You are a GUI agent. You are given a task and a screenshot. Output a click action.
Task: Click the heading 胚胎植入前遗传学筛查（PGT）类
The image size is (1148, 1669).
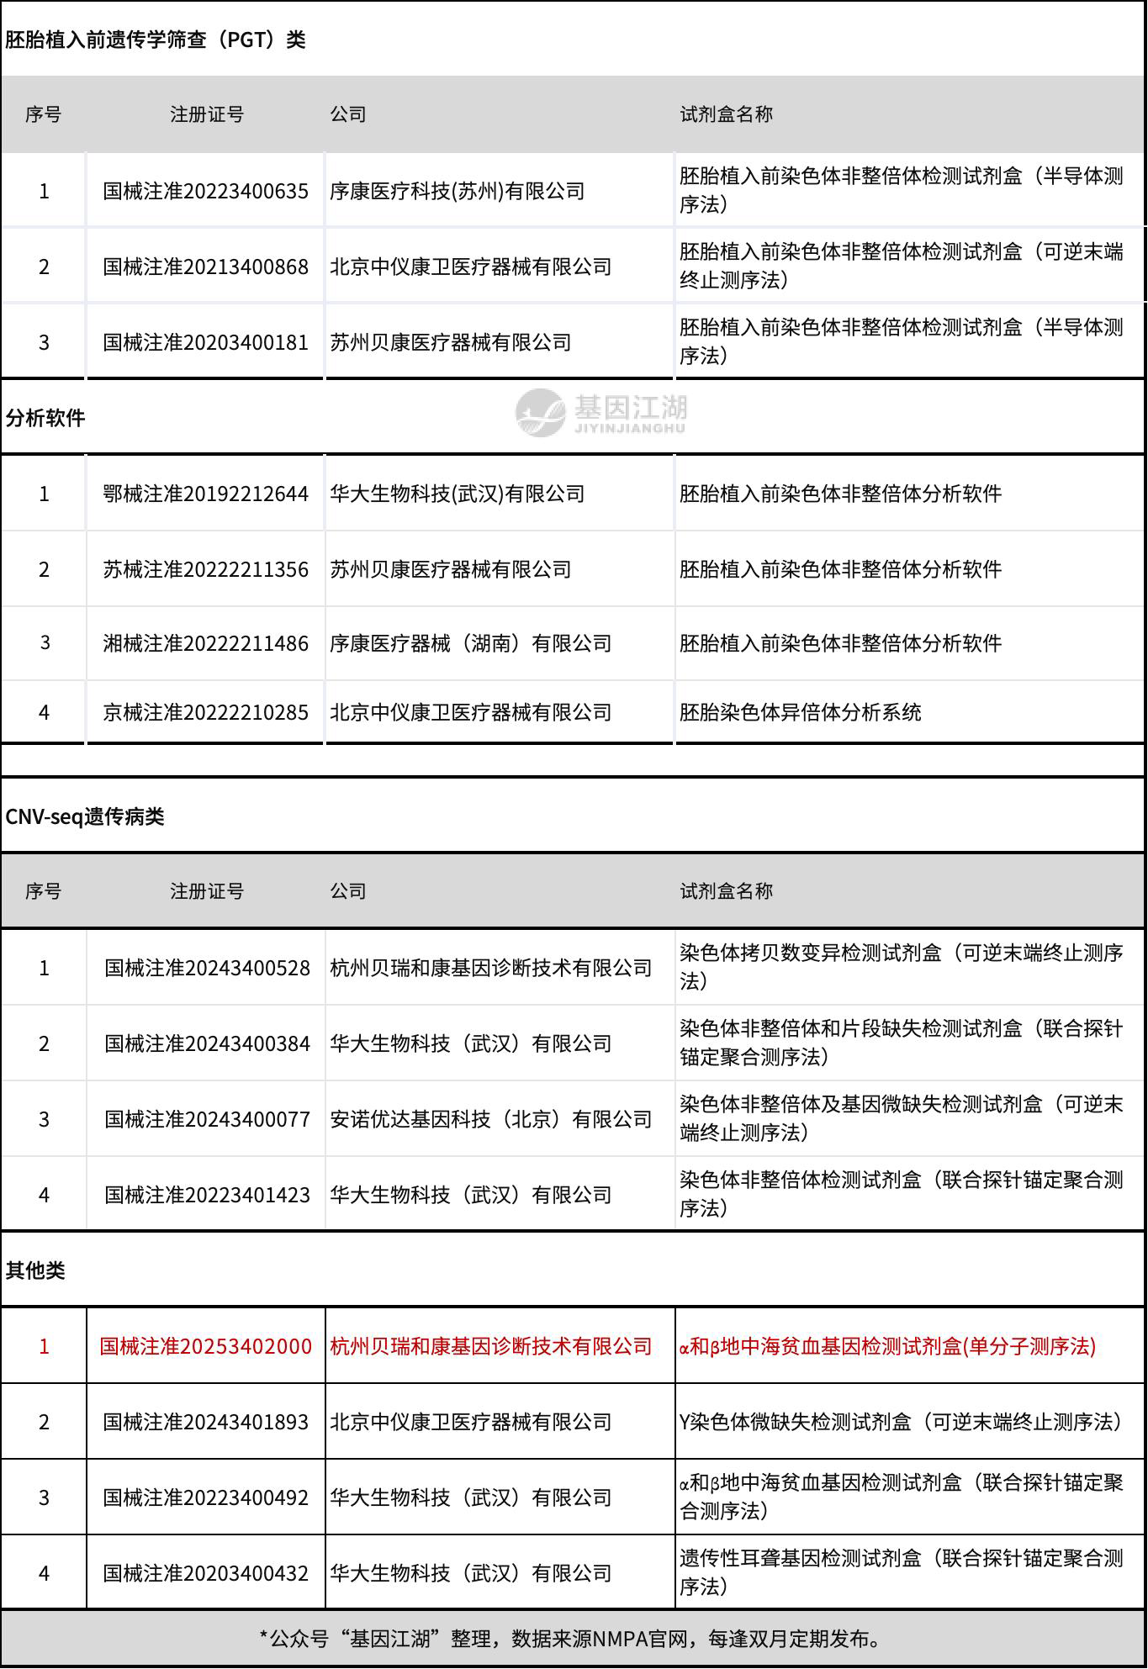point(156,40)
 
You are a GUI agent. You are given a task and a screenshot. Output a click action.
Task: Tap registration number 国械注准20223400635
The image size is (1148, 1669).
point(205,191)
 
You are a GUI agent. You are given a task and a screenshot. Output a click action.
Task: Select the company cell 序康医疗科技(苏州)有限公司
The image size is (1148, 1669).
point(457,191)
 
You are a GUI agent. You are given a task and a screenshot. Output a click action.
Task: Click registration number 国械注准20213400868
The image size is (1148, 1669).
point(205,267)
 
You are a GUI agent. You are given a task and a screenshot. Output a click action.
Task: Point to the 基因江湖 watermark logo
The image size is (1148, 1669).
point(601,412)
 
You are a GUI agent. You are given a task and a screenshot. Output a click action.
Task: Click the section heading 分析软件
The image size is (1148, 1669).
point(45,418)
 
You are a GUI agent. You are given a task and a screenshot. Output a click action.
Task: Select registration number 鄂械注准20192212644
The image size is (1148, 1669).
point(205,494)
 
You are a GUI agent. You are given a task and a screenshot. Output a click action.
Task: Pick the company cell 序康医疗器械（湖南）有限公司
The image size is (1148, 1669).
point(470,643)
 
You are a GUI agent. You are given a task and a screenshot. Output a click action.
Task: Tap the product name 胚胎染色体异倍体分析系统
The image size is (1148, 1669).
point(800,712)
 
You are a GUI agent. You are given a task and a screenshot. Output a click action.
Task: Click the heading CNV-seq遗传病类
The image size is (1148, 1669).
point(85,816)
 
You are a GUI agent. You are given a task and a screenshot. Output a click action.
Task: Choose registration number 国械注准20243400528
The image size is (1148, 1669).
point(207,968)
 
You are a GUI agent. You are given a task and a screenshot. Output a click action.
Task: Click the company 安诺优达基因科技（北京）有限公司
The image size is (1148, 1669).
point(490,1119)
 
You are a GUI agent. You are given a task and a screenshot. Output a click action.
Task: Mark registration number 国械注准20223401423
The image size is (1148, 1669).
point(207,1195)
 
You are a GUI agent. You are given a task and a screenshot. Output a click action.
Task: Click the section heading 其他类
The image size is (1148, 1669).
point(35,1270)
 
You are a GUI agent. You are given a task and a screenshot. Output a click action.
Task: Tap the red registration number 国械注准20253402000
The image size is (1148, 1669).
point(205,1346)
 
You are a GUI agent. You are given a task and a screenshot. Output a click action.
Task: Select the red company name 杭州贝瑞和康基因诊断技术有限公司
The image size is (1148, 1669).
point(490,1346)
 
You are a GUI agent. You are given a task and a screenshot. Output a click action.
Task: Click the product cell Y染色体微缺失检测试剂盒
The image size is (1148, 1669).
point(901,1422)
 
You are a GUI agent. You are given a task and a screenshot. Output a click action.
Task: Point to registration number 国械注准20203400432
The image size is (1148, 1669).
point(205,1573)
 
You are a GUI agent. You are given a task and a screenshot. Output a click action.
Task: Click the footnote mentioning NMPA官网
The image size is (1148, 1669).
point(574,1638)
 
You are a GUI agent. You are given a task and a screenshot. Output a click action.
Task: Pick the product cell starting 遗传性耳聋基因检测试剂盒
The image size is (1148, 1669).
point(901,1573)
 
